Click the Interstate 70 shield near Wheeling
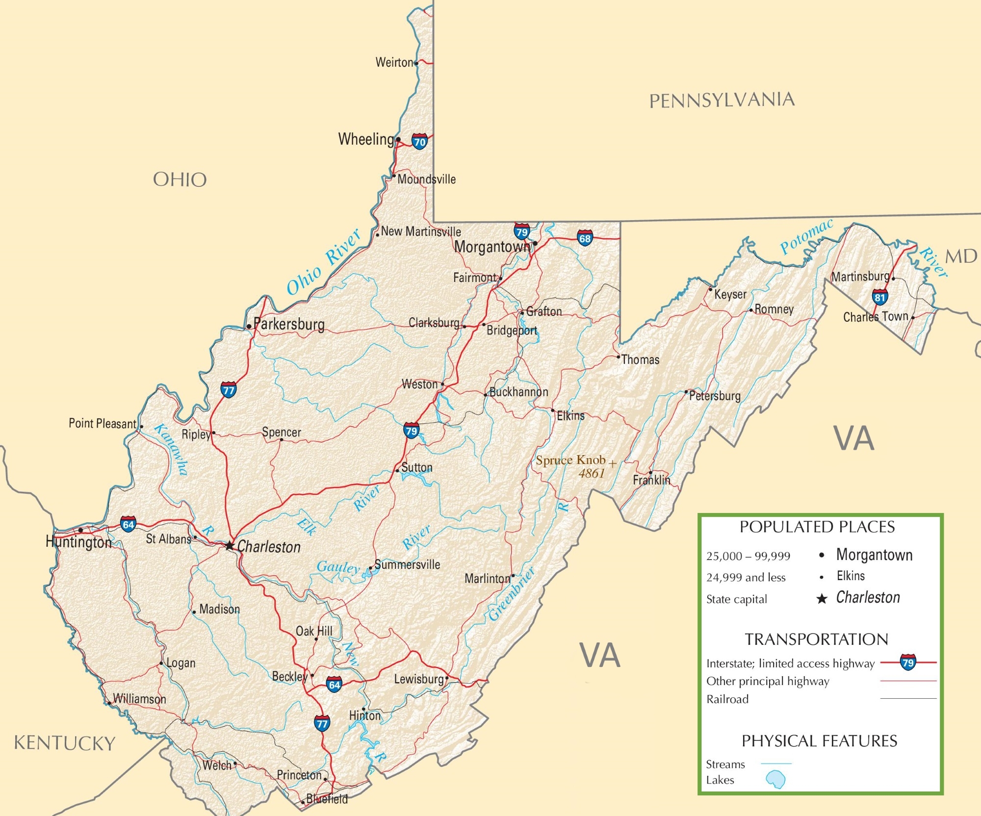pyautogui.click(x=419, y=142)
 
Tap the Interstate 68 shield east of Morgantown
pyautogui.click(x=585, y=238)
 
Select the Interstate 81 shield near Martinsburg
pyautogui.click(x=880, y=297)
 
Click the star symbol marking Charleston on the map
pyautogui.click(x=230, y=545)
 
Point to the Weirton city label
pyautogui.click(x=394, y=62)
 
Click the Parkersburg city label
pyautogui.click(x=289, y=324)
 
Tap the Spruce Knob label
pyautogui.click(x=570, y=460)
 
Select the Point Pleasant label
pyautogui.click(x=102, y=423)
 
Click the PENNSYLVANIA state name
pyautogui.click(x=722, y=100)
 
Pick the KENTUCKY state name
pyautogui.click(x=64, y=743)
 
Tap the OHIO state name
pyautogui.click(x=180, y=179)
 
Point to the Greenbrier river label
pyautogui.click(x=512, y=594)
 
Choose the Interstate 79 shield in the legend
pyautogui.click(x=908, y=662)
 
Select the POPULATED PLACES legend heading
pyautogui.click(x=817, y=527)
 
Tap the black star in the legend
pyautogui.click(x=822, y=599)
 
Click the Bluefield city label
pyautogui.click(x=327, y=799)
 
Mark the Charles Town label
pyautogui.click(x=876, y=317)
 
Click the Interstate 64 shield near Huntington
pyautogui.click(x=128, y=524)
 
